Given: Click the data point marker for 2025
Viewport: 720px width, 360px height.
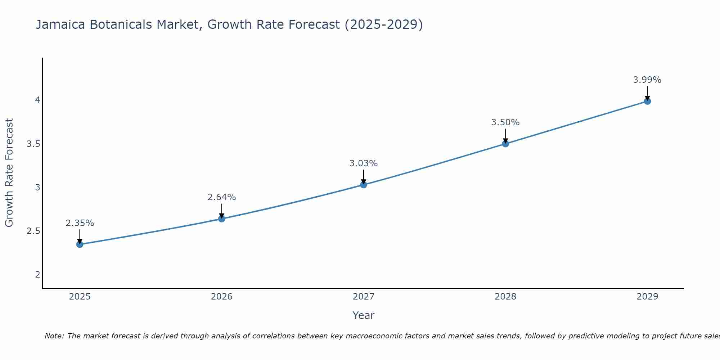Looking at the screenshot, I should click(x=80, y=244).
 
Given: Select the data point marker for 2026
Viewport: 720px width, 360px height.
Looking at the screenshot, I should click(x=222, y=219).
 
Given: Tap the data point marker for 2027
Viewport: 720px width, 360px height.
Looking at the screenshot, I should click(x=364, y=185).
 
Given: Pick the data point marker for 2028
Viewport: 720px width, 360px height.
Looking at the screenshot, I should click(x=505, y=144).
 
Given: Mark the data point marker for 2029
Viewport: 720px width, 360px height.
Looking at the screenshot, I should click(x=647, y=101).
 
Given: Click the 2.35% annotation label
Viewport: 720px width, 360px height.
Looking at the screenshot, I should click(x=80, y=223).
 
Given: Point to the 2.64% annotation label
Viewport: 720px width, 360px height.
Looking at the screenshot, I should click(x=222, y=197).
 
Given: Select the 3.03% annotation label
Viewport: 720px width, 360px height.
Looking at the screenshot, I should click(x=364, y=163).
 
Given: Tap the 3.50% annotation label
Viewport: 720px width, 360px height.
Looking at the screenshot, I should click(x=505, y=122).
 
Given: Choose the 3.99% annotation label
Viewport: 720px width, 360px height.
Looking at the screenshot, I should click(x=647, y=80).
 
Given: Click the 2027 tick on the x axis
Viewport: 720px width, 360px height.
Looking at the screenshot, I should click(x=364, y=297).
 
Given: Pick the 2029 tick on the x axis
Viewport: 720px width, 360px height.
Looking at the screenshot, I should click(x=647, y=297).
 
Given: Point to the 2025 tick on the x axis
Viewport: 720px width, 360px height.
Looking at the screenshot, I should click(x=80, y=297).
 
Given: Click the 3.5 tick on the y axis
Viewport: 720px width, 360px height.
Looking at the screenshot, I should click(x=33, y=144).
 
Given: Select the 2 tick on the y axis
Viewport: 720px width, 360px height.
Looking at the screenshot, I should click(x=37, y=275).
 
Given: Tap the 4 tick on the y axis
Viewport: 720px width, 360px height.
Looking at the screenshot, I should click(x=37, y=100).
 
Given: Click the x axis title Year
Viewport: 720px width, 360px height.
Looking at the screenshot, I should click(x=364, y=315).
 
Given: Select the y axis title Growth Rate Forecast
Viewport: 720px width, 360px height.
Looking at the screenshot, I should click(x=9, y=173).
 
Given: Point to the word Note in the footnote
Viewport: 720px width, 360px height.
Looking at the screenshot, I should click(x=54, y=336).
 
